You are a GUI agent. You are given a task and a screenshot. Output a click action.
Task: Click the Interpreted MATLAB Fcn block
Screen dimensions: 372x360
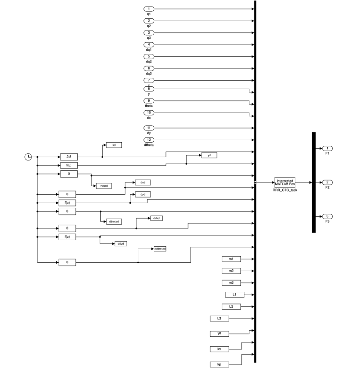click(x=285, y=182)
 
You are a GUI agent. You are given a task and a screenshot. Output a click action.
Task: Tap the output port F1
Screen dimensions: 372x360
click(x=327, y=148)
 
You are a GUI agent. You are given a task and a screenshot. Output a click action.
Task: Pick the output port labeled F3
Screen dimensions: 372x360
click(x=327, y=216)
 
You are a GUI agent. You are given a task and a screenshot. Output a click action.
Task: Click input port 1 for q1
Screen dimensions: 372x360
click(x=149, y=9)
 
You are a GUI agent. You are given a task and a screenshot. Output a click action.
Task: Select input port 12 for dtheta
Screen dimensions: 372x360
click(x=149, y=139)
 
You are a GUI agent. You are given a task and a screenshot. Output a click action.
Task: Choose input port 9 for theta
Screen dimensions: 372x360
click(x=149, y=100)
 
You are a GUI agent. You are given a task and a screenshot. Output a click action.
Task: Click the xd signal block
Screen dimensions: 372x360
click(x=114, y=145)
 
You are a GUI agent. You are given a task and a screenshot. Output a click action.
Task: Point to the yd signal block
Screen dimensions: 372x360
click(x=209, y=155)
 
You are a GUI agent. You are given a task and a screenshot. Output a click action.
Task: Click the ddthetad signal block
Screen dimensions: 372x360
click(x=160, y=249)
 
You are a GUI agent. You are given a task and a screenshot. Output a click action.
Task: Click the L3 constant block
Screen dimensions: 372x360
click(x=218, y=319)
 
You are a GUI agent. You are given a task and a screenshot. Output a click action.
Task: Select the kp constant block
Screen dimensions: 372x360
click(x=218, y=364)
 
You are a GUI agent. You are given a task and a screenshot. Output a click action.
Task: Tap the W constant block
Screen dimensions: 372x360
click(x=218, y=334)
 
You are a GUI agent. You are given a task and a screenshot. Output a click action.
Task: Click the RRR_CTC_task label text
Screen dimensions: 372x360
click(x=285, y=190)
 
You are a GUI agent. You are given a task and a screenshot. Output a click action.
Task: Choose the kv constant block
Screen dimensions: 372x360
click(x=218, y=349)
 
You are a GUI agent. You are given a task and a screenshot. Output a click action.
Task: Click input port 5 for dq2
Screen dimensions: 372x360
click(x=149, y=57)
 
